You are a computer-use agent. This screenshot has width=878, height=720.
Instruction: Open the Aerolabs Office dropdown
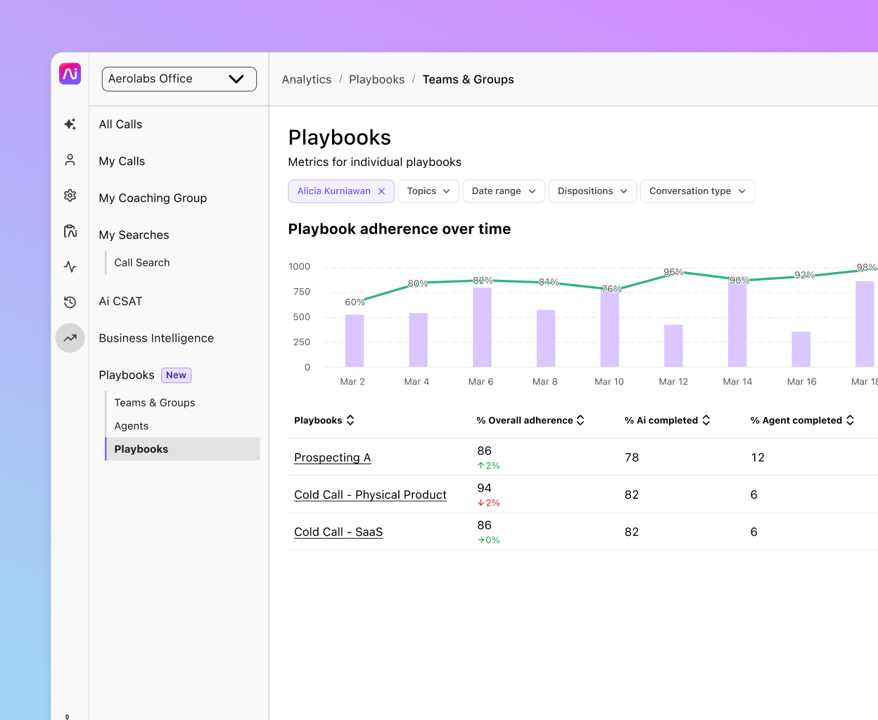[x=179, y=79]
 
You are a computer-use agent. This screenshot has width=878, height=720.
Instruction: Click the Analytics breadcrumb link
[x=306, y=79]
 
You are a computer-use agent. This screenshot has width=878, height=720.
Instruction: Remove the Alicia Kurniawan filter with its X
[x=381, y=191]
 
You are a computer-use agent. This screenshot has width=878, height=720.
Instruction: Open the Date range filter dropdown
[x=503, y=191]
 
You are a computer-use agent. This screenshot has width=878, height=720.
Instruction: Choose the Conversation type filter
[x=696, y=191]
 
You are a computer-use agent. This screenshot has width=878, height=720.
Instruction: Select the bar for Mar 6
[x=482, y=327]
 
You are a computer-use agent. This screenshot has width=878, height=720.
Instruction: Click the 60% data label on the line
[x=355, y=302]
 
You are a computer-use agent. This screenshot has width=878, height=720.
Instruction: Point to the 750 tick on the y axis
[x=302, y=292]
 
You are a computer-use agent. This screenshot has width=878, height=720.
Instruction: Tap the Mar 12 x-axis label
[x=673, y=382]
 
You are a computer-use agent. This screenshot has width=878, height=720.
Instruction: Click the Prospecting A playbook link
[x=332, y=458]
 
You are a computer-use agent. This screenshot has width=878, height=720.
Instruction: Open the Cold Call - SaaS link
[x=338, y=532]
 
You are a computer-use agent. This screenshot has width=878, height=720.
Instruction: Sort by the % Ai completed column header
[x=667, y=420]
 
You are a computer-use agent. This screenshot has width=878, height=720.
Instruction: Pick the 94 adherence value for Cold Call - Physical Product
[x=484, y=488]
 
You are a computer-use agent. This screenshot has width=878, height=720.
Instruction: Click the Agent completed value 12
[x=757, y=458]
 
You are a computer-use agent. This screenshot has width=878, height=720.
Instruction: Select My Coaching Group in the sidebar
[x=153, y=198]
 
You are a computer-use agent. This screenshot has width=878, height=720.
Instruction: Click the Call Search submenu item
[x=142, y=263]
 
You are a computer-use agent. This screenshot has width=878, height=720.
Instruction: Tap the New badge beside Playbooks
[x=176, y=375]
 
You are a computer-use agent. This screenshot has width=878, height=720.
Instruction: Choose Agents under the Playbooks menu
[x=132, y=426]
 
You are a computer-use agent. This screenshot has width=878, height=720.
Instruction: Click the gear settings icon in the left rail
[x=70, y=195]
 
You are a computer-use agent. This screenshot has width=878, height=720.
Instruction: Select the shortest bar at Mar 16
[x=801, y=349]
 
